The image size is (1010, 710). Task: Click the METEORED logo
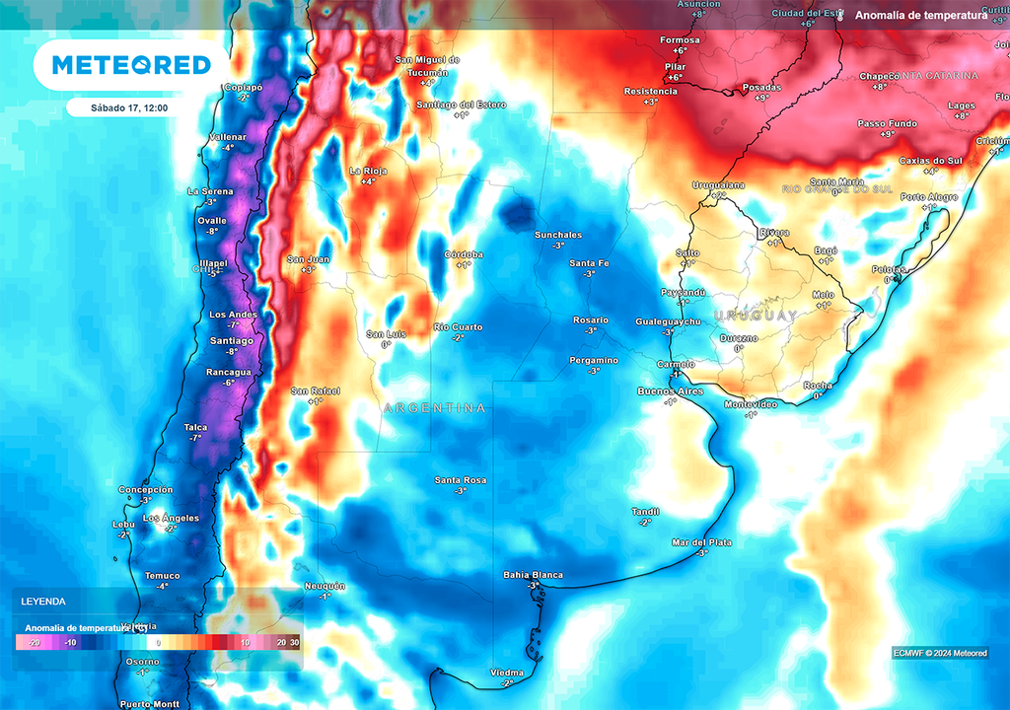point(131,65)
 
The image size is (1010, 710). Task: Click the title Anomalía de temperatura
point(921,16)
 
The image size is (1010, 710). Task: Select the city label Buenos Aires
point(671,391)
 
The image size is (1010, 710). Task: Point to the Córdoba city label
point(464,253)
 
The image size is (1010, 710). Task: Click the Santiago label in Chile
point(232,340)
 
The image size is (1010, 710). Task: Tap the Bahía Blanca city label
point(533,575)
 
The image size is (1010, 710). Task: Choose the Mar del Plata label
point(702,542)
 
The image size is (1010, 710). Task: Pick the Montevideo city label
point(753,404)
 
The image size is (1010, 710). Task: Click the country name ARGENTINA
point(434,407)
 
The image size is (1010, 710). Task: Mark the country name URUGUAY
point(756,316)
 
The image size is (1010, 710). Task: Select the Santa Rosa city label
point(461,480)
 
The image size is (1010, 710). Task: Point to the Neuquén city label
point(325,586)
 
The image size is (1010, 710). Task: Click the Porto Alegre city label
point(929,197)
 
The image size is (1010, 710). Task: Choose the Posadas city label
point(760,87)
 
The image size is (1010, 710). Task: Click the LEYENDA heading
point(43,601)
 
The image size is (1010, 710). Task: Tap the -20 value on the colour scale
point(34,643)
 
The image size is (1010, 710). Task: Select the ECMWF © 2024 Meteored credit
point(940,653)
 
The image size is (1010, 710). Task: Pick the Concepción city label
point(145,490)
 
